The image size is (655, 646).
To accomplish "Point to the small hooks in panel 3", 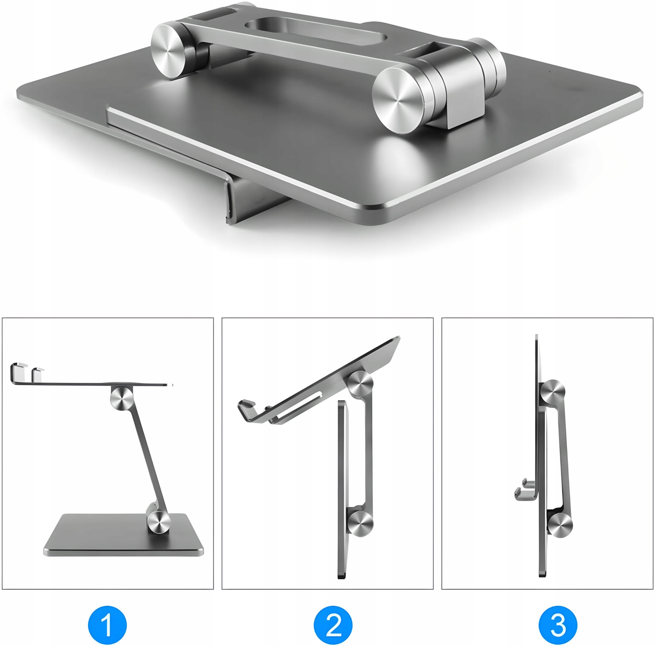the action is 525,489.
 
